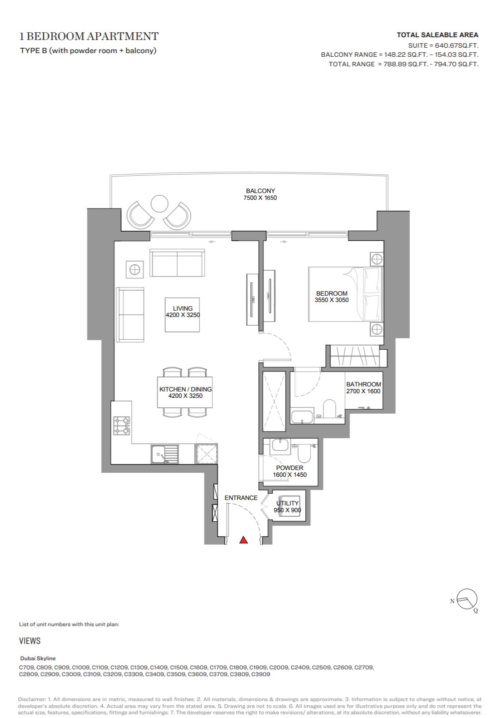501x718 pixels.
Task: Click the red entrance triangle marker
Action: tap(243, 540)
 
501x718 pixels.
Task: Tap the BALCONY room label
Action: tap(260, 191)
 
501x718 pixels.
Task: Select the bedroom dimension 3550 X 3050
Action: tap(332, 300)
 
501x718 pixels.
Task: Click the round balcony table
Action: tap(159, 203)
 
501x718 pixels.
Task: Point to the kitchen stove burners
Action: tap(121, 426)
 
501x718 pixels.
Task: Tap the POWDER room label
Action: tap(289, 468)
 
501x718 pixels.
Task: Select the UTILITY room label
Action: tap(288, 503)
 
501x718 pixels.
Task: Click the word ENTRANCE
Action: tap(241, 498)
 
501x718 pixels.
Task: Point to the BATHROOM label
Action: tap(363, 384)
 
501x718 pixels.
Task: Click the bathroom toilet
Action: tap(329, 408)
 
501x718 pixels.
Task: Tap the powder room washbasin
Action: tap(280, 446)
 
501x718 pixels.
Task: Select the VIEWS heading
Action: tap(30, 641)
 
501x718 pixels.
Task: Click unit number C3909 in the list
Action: tap(261, 674)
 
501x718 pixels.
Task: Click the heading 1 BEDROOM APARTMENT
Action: tap(89, 36)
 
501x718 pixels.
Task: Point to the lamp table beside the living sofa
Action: tap(134, 269)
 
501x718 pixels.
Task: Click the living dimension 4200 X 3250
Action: tap(183, 315)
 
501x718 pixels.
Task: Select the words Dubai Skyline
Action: tap(38, 659)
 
